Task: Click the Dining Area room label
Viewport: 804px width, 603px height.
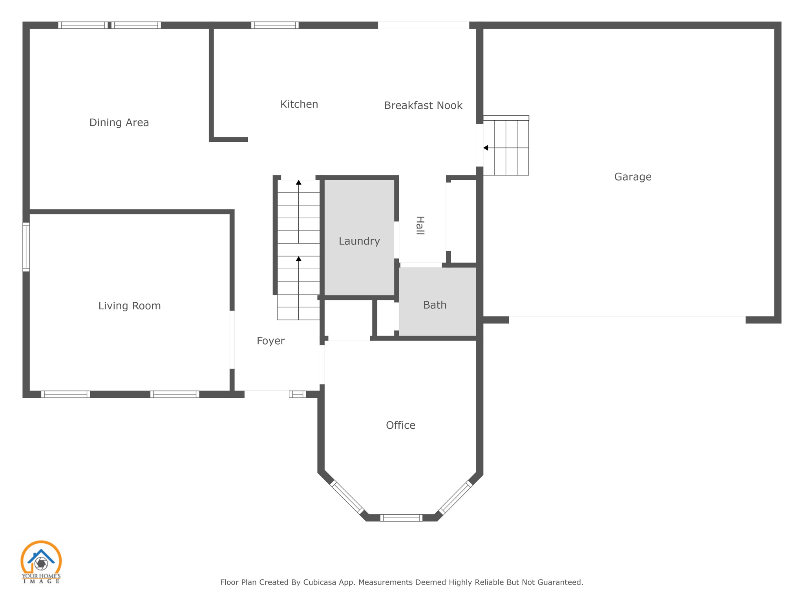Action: pyautogui.click(x=119, y=122)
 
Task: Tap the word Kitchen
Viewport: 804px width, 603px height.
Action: pyautogui.click(x=299, y=104)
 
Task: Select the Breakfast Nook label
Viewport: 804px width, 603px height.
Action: pyautogui.click(x=423, y=106)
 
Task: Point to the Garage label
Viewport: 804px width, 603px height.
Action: pyautogui.click(x=632, y=177)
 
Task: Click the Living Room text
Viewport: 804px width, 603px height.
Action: pyautogui.click(x=129, y=306)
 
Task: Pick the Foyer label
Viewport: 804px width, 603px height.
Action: pyautogui.click(x=270, y=341)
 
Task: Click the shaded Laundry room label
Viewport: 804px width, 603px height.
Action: pyautogui.click(x=359, y=241)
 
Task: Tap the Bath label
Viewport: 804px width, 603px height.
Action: pyautogui.click(x=435, y=305)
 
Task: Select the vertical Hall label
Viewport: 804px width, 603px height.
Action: pyautogui.click(x=420, y=225)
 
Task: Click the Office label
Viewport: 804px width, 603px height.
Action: pyautogui.click(x=400, y=425)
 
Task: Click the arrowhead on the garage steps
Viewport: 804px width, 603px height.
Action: pyautogui.click(x=486, y=148)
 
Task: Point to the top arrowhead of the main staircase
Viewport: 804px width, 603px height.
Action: pyautogui.click(x=299, y=183)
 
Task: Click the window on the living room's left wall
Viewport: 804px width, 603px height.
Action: pyautogui.click(x=26, y=247)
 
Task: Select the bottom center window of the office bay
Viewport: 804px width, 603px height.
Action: pyautogui.click(x=401, y=518)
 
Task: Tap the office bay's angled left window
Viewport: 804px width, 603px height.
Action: pyautogui.click(x=347, y=497)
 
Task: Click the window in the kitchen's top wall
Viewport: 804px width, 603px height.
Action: pyautogui.click(x=275, y=25)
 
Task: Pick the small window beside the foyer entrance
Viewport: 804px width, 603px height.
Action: pyautogui.click(x=298, y=394)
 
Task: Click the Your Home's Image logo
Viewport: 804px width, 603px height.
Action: pyautogui.click(x=41, y=562)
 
